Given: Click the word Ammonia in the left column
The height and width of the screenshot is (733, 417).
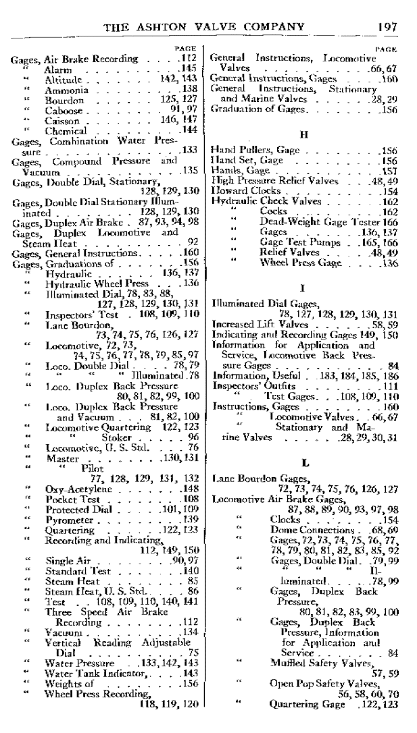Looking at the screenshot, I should click(66, 88).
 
